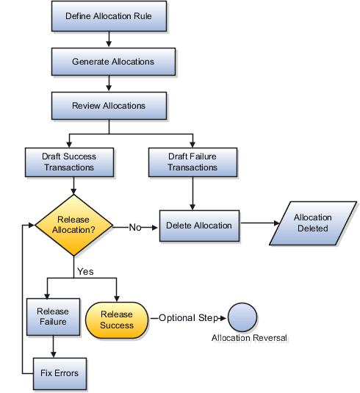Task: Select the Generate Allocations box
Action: [x=113, y=62]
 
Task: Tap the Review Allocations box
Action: [x=109, y=106]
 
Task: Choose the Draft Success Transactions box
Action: [x=70, y=162]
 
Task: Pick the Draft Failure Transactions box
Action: [x=192, y=162]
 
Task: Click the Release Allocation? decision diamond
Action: [x=73, y=226]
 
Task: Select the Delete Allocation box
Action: [x=199, y=226]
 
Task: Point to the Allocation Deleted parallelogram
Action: [x=312, y=223]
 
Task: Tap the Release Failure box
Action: [x=52, y=317]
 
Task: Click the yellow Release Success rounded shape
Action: [x=117, y=320]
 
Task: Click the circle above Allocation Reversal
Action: [x=242, y=318]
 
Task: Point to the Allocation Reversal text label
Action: [x=249, y=339]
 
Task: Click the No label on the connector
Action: [x=135, y=228]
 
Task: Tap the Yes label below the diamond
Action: [x=85, y=271]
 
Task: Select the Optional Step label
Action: [x=188, y=318]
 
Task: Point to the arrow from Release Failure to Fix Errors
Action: [x=52, y=346]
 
